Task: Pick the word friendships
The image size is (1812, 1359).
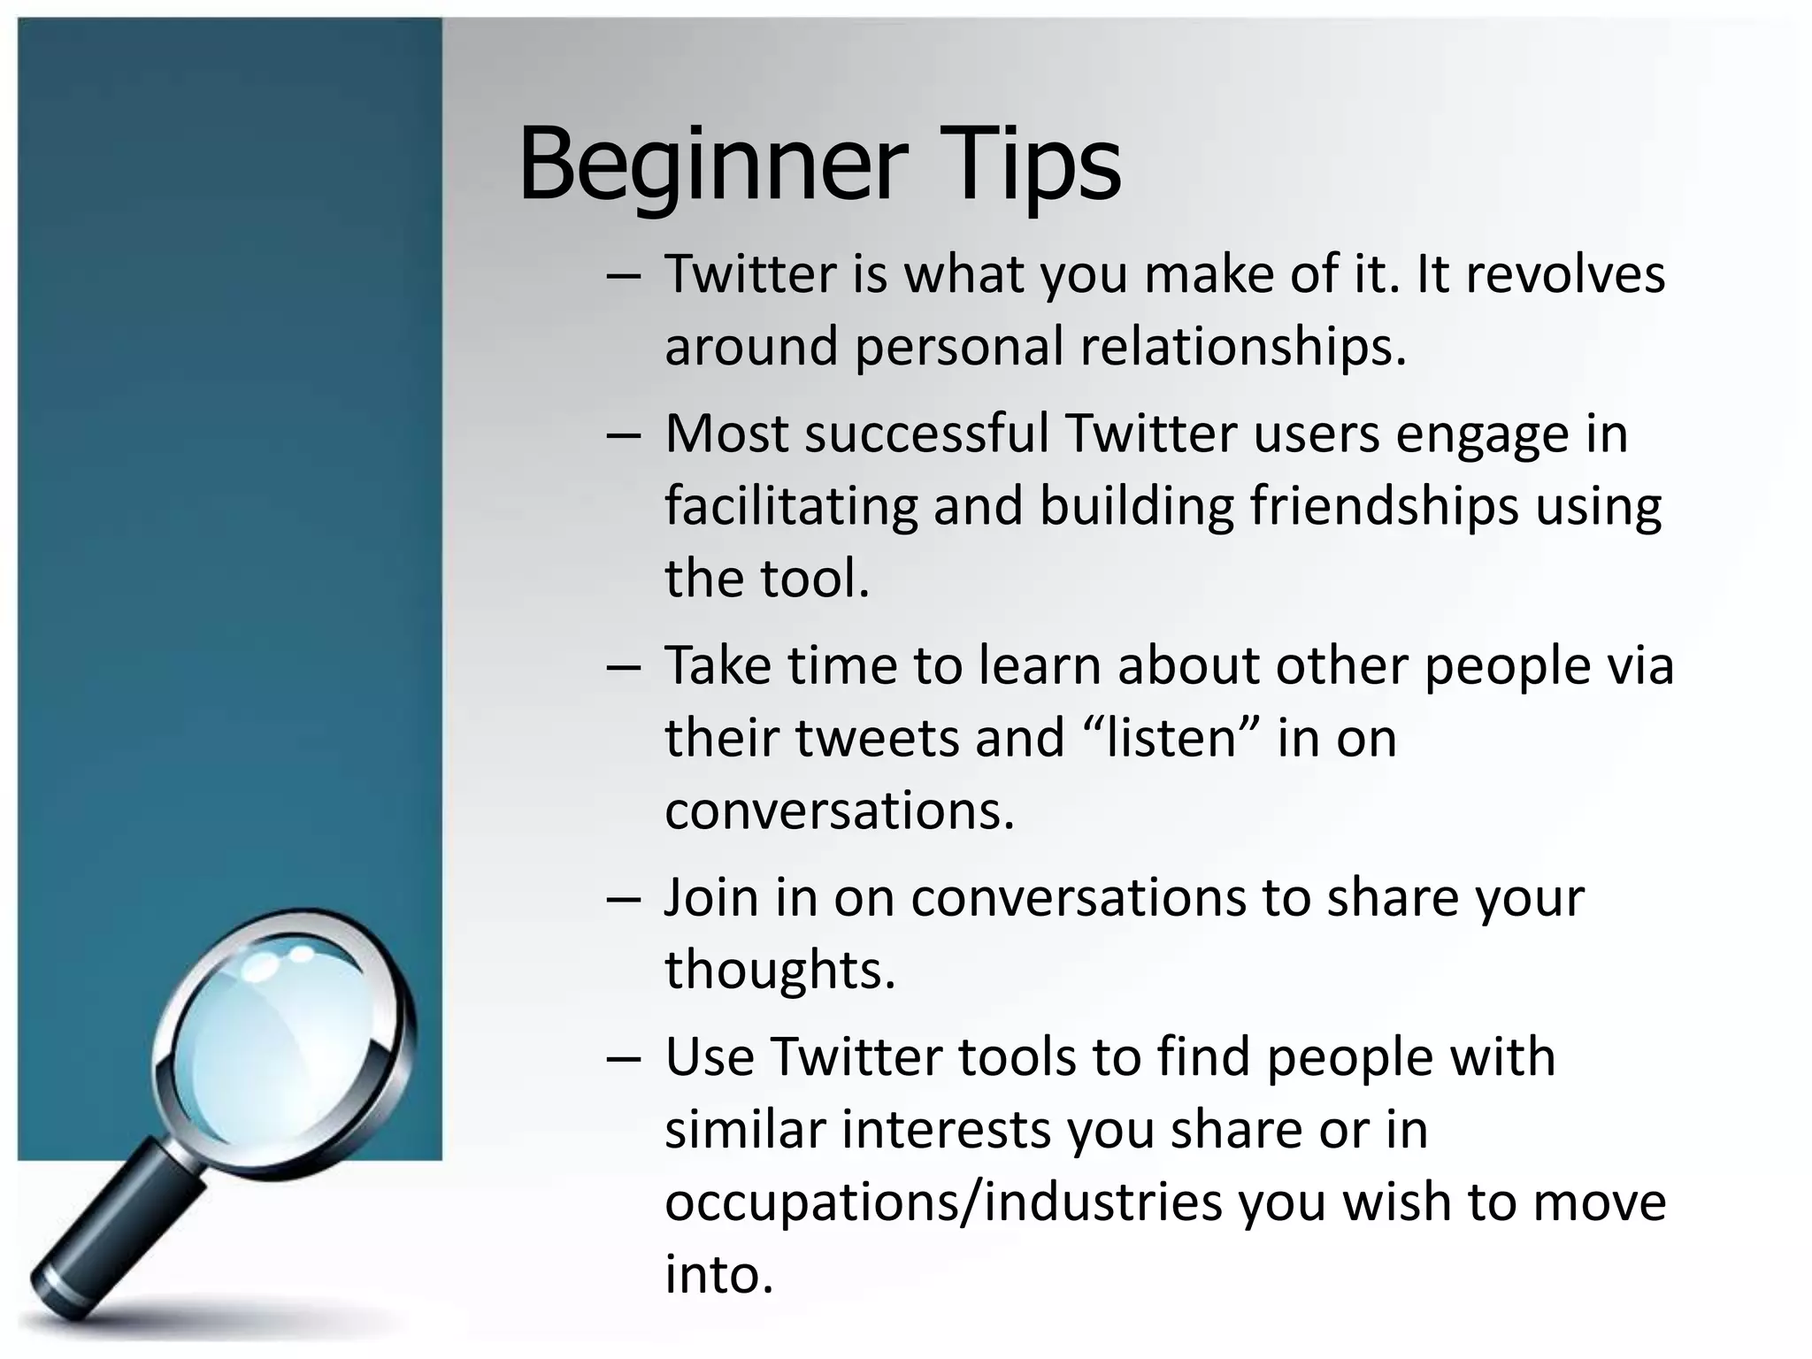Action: pyautogui.click(x=1384, y=507)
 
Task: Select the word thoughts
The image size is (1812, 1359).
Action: pyautogui.click(x=779, y=970)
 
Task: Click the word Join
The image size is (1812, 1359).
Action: pyautogui.click(x=711, y=898)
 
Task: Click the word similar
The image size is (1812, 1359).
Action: pyautogui.click(x=744, y=1130)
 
